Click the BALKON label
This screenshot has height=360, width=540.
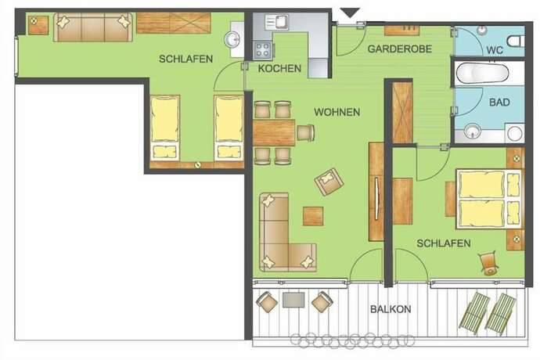(x=391, y=309)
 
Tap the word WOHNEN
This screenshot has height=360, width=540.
(x=337, y=112)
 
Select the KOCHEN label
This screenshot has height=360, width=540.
(x=279, y=68)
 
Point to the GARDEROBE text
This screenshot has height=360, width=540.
(x=399, y=49)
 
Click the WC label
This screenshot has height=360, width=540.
(x=495, y=50)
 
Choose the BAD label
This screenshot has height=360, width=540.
(x=499, y=103)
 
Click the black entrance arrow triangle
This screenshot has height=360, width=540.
(x=351, y=13)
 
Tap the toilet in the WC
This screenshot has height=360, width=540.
(x=516, y=41)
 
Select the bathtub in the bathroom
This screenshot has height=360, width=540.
(x=483, y=74)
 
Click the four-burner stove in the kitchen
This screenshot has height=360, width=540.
(x=262, y=50)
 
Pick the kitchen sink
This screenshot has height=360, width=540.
(x=276, y=22)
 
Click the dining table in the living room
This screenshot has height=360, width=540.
(x=274, y=132)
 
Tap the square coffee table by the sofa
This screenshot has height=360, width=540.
(x=313, y=216)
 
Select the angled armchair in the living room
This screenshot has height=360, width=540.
(x=329, y=182)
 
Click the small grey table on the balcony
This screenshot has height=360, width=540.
(x=293, y=300)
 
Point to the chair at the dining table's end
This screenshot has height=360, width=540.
(x=306, y=132)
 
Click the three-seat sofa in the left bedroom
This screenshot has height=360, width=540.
(x=92, y=27)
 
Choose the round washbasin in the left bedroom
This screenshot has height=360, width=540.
(x=232, y=39)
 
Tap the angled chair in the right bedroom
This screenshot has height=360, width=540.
(x=488, y=264)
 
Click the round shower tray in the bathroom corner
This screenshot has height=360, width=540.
(x=514, y=133)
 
